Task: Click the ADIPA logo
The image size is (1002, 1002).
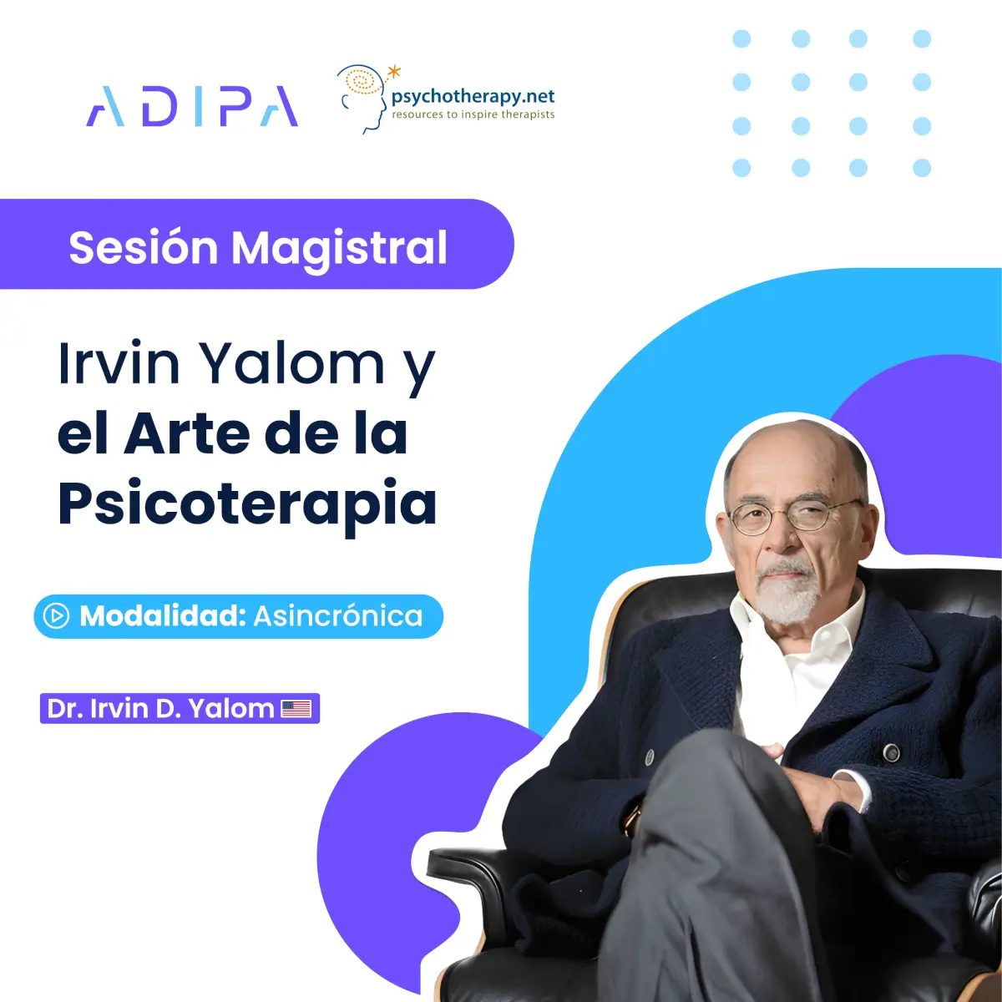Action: pos(192,106)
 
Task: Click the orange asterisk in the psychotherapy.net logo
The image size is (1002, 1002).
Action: pos(395,71)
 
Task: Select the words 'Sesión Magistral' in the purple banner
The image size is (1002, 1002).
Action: pos(258,247)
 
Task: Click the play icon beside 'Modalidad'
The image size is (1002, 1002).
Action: pos(56,616)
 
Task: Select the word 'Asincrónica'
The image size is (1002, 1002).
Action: pos(338,616)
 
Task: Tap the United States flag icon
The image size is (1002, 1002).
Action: pos(296,708)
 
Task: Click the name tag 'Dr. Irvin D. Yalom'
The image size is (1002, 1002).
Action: pos(180,708)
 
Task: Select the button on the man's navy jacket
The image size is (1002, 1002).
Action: pos(891,751)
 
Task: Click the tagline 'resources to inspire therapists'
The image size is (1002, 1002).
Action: pos(473,114)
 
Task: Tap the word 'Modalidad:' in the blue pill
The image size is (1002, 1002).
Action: pos(163,616)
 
